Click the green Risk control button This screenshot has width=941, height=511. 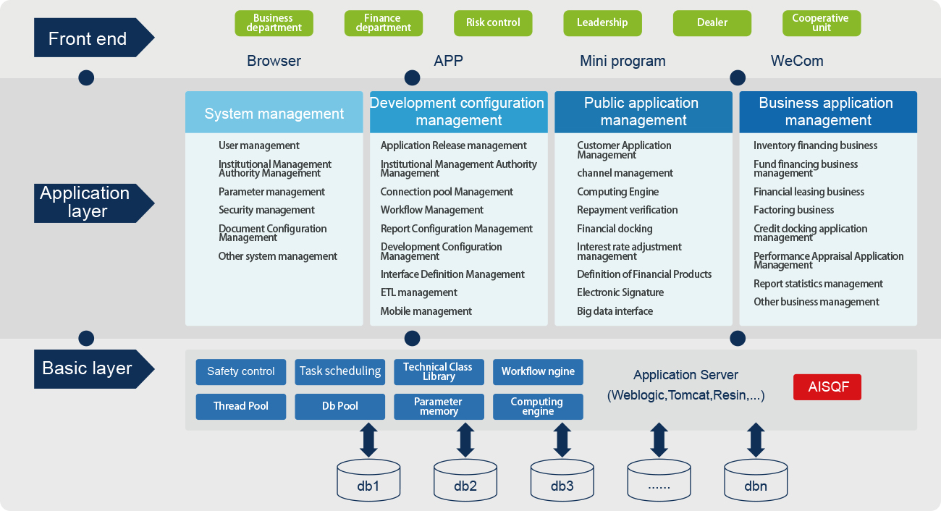point(493,23)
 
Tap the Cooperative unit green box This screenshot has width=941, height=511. point(821,23)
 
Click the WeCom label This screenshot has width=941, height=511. point(797,61)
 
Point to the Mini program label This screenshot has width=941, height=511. point(623,61)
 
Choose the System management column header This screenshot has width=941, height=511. point(274,113)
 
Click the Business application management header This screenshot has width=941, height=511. point(827,111)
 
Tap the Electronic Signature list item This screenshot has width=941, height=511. point(620,292)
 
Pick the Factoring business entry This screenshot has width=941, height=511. point(793,210)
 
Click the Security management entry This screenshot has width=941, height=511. point(266,210)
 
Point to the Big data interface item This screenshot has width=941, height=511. point(615,311)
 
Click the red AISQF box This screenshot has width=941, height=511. point(827,387)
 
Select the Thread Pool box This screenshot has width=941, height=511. point(240,406)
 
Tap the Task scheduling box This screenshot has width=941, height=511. point(339,371)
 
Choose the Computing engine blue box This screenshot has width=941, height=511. point(537,406)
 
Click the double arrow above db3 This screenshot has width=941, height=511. point(562,440)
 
